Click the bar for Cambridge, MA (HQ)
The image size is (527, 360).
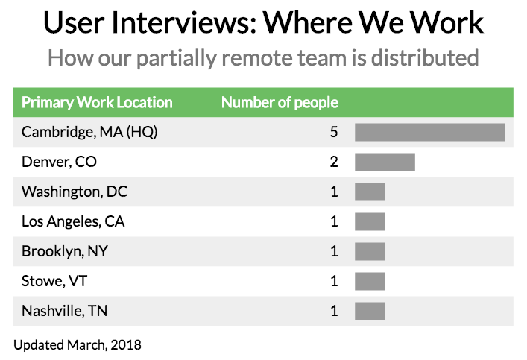pos(430,132)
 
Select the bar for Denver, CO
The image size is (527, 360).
pos(385,162)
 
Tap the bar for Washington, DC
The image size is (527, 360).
pos(370,192)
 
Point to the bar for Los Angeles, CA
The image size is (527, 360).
pos(370,221)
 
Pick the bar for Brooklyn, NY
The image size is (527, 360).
pos(370,251)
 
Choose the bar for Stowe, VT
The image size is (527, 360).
pos(370,281)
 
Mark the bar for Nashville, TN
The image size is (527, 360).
pos(370,311)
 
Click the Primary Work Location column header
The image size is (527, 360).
pos(97,103)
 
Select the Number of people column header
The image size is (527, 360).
pos(280,103)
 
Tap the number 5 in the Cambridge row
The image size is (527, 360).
pos(334,132)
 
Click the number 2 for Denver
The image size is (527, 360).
pos(334,162)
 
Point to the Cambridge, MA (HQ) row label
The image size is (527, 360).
pos(89,132)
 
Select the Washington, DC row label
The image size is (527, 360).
pos(75,192)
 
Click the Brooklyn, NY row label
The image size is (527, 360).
pos(65,251)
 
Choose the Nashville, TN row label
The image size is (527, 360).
pos(64,311)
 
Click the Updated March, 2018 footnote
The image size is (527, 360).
pos(78,344)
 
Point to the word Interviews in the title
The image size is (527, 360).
pos(174,23)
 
